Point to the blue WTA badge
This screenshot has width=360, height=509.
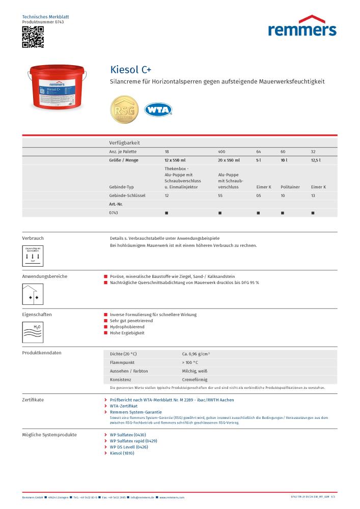tap(158, 109)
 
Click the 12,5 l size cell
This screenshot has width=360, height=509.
tap(315, 160)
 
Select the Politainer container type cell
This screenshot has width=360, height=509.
tap(290, 187)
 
